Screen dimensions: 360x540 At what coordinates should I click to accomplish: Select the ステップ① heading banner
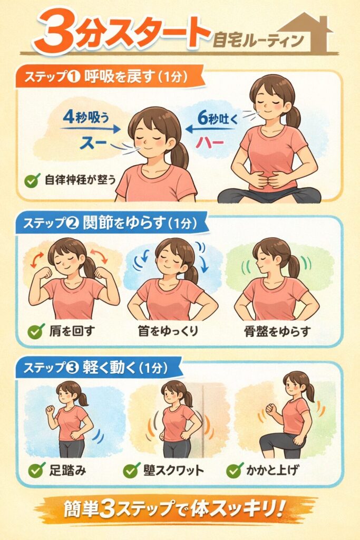pyautogui.click(x=110, y=76)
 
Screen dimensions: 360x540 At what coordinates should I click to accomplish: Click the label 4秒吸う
pyautogui.click(x=86, y=118)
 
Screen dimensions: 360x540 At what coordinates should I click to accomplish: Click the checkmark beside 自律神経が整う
pyautogui.click(x=32, y=180)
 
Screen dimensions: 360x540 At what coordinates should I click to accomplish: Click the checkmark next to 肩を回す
pyautogui.click(x=36, y=331)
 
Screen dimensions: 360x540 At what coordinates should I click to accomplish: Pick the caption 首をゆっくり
pyautogui.click(x=168, y=331)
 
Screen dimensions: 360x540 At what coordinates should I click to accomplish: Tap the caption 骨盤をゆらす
pyautogui.click(x=277, y=331)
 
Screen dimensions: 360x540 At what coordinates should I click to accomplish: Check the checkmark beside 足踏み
pyautogui.click(x=36, y=470)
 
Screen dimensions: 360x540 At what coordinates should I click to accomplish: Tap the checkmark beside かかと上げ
pyautogui.click(x=235, y=470)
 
